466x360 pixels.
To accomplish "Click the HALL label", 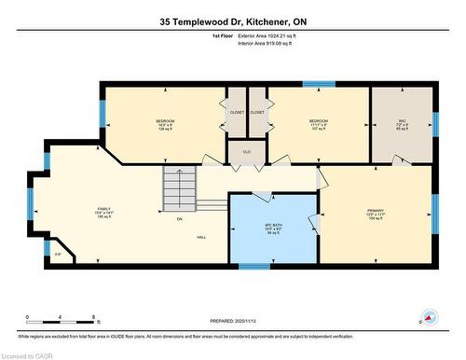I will click(x=201, y=239).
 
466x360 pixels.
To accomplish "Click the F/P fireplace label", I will click(x=58, y=254).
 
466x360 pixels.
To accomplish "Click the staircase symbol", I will click(x=182, y=189).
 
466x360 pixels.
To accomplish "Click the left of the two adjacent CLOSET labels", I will click(x=237, y=113).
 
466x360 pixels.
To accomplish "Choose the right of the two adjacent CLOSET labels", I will click(x=257, y=113).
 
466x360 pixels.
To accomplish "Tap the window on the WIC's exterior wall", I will click(x=434, y=124).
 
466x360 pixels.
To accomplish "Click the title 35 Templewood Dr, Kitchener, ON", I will click(x=233, y=20).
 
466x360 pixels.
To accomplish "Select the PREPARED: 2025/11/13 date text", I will click(x=233, y=325).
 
